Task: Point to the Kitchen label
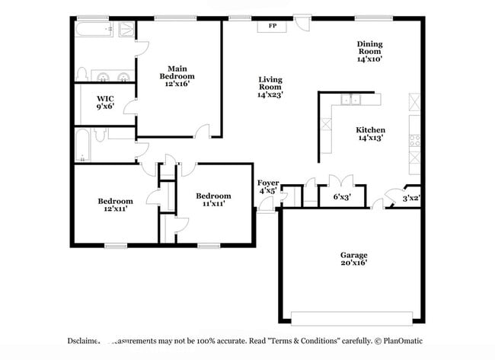(370, 130)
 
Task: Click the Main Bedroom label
(177, 72)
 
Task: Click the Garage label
(353, 255)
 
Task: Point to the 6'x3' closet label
(342, 197)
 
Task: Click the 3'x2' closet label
(411, 198)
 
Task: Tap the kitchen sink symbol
(351, 99)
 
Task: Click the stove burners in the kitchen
(415, 140)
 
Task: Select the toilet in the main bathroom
(82, 74)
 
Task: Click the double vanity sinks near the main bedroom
(113, 75)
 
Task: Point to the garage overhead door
(352, 317)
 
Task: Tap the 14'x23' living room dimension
(270, 95)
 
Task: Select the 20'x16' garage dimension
(353, 263)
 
